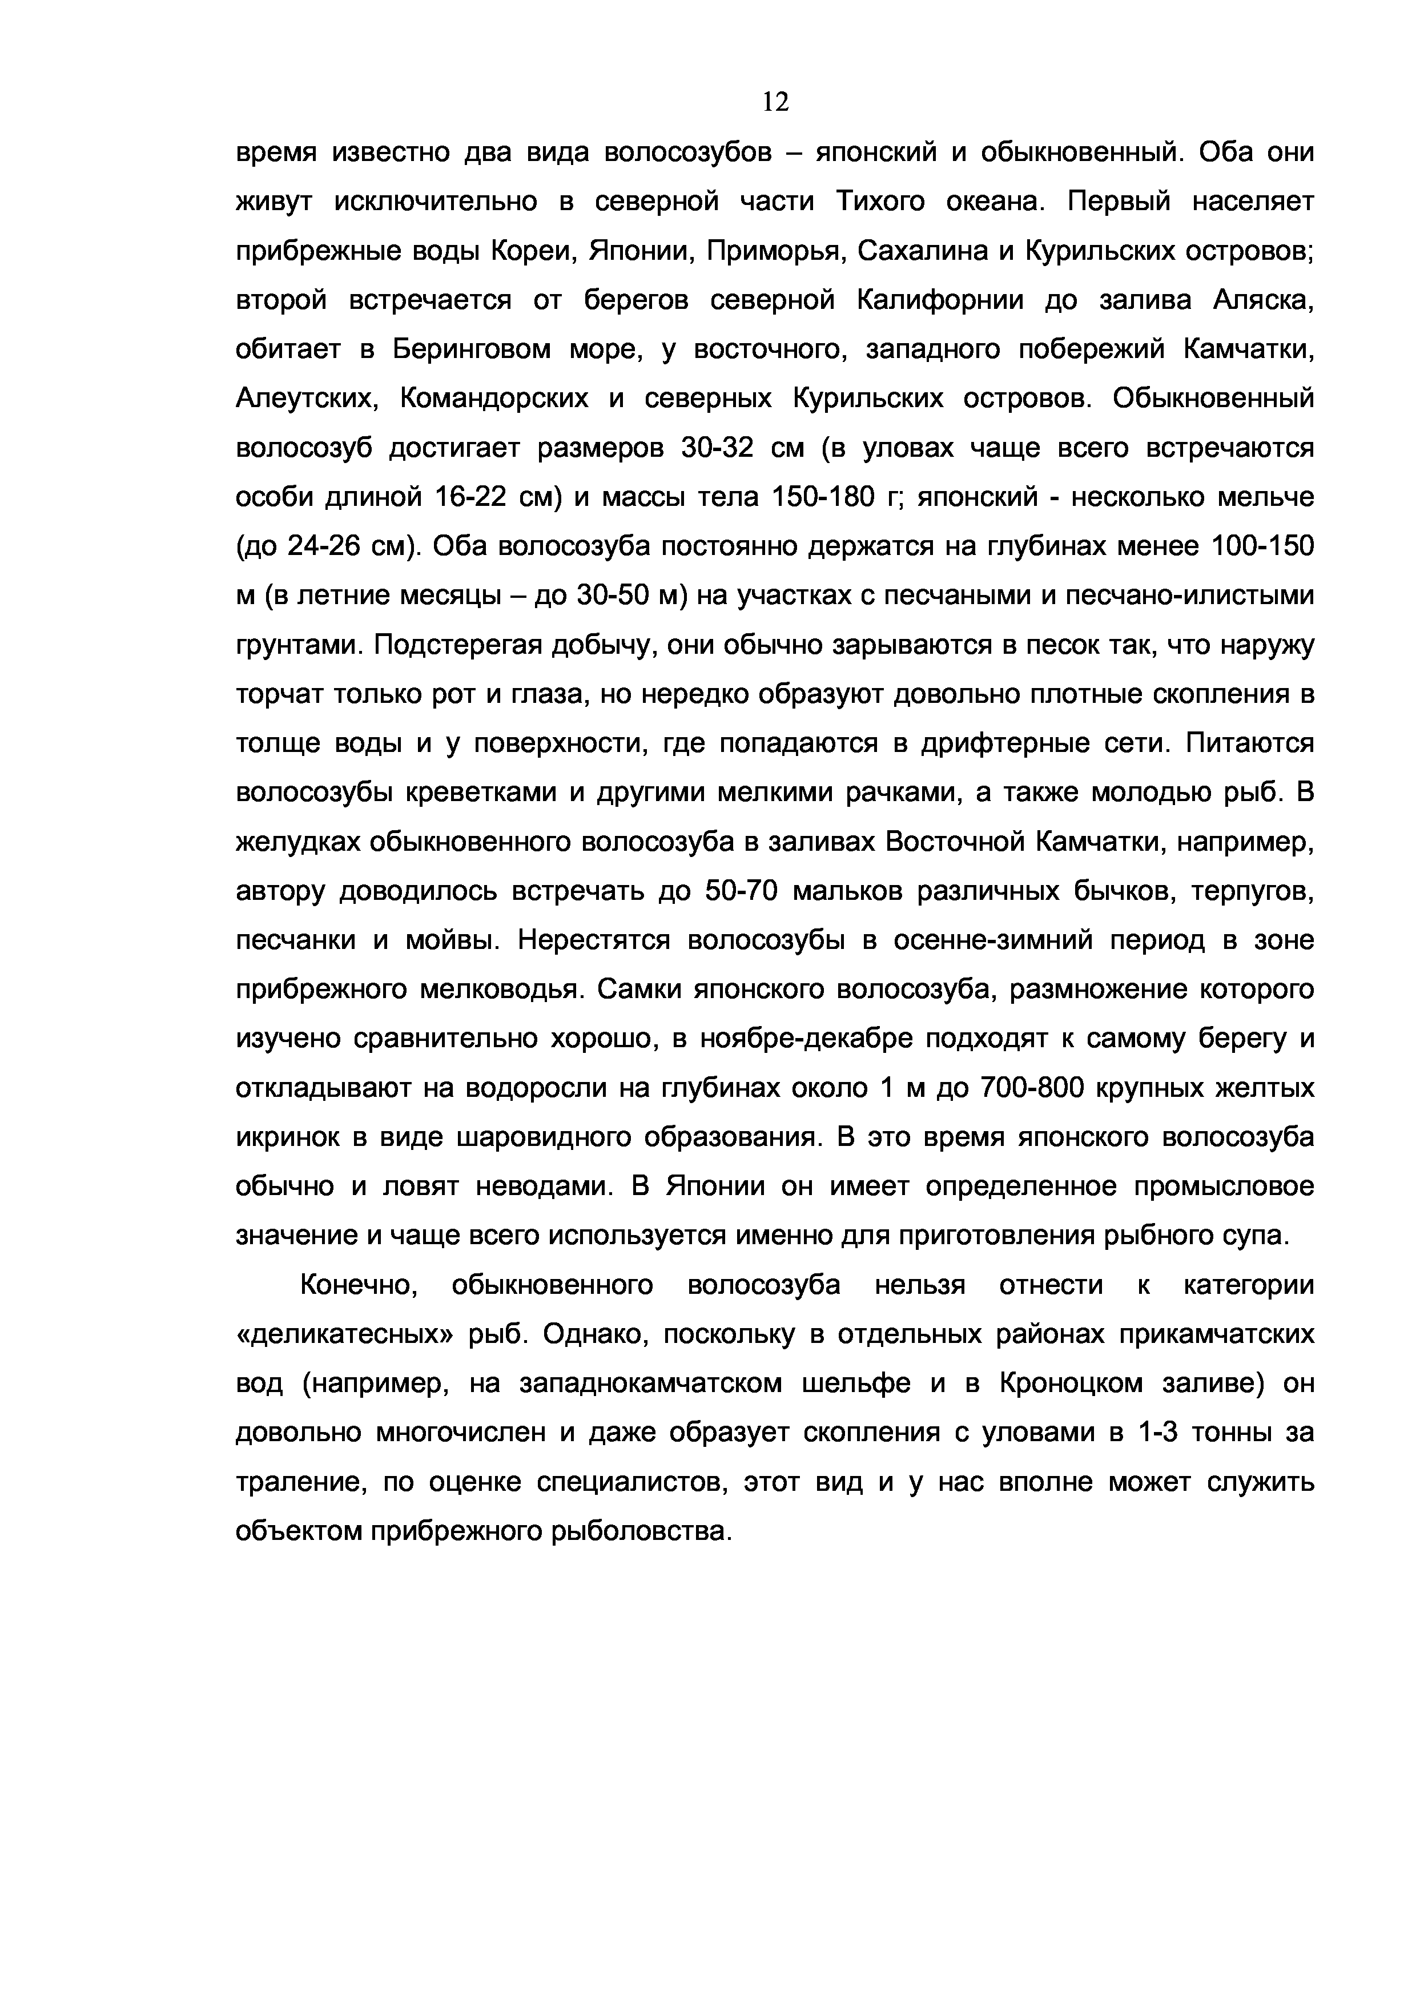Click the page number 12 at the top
[x=775, y=103]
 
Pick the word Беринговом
[x=471, y=350]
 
